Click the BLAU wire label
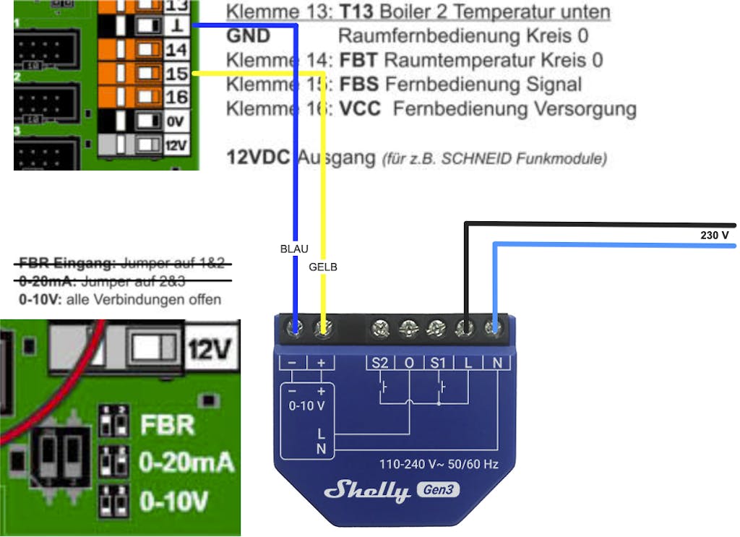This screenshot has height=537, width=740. point(294,249)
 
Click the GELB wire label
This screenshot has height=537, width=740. point(323,267)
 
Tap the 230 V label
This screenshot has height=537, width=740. point(715,236)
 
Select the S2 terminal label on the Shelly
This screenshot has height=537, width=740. point(380,363)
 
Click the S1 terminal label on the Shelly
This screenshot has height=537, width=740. point(439,363)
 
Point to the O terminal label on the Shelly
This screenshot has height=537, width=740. point(409,363)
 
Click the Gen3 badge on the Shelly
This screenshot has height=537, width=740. point(438,491)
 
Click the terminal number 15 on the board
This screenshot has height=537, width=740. point(176,73)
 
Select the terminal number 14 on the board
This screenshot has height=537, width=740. point(176,50)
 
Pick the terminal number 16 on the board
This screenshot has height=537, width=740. point(176,97)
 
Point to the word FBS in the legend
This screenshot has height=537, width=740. point(358,84)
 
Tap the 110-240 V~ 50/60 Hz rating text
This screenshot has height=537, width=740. point(439,463)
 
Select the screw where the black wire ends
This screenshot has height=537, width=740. point(465,330)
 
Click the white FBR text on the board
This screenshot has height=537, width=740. point(168,424)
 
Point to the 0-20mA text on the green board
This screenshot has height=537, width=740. point(187,462)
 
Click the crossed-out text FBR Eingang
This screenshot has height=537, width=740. point(67,262)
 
